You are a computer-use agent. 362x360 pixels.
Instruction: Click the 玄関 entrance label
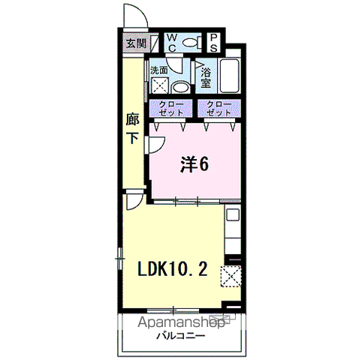pyautogui.click(x=136, y=43)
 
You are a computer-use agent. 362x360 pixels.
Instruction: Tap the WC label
pyautogui.click(x=172, y=43)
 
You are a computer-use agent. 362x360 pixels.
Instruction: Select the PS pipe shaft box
pyautogui.click(x=213, y=43)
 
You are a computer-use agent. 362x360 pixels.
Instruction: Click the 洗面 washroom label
pyautogui.click(x=159, y=70)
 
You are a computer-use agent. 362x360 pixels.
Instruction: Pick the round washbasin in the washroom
pyautogui.click(x=180, y=88)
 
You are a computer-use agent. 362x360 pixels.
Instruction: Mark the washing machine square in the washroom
pyautogui.click(x=160, y=85)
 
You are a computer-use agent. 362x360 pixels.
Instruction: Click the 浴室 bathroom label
pyautogui.click(x=206, y=78)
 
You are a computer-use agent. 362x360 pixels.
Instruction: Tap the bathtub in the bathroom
pyautogui.click(x=230, y=76)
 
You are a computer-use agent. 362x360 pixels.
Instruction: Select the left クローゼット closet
pyautogui.click(x=171, y=108)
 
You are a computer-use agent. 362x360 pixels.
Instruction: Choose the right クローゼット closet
pyautogui.click(x=219, y=108)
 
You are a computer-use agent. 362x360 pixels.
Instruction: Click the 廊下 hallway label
pyautogui.click(x=133, y=128)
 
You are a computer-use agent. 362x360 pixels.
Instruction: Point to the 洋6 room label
pyautogui.click(x=195, y=164)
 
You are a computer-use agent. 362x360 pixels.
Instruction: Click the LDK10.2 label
pyautogui.click(x=173, y=269)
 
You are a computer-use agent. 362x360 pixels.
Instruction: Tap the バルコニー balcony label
pyautogui.click(x=181, y=335)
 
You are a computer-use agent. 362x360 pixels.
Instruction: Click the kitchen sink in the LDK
pyautogui.click(x=233, y=214)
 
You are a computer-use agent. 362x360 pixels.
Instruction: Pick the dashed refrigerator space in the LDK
pyautogui.click(x=231, y=276)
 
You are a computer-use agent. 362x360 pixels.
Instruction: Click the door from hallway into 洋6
pyautogui.click(x=156, y=145)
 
